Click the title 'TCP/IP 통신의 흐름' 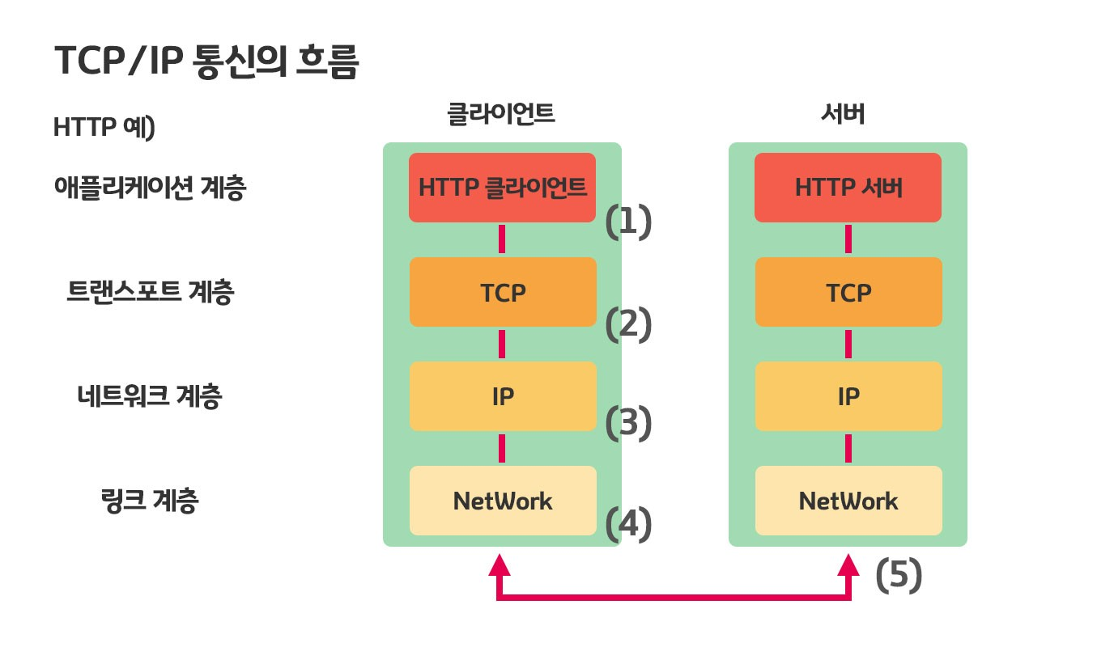(x=206, y=61)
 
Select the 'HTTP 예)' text (x=104, y=128)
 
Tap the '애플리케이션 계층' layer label (x=150, y=188)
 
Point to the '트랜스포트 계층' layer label (x=150, y=292)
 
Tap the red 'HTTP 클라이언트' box (x=502, y=188)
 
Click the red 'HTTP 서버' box (x=848, y=188)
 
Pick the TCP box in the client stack (x=502, y=292)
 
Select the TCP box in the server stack (x=848, y=292)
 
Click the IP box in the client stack (x=502, y=396)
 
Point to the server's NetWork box (x=848, y=501)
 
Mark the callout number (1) (x=629, y=222)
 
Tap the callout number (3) (x=629, y=424)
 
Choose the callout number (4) (x=629, y=524)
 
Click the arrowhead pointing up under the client (x=501, y=564)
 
